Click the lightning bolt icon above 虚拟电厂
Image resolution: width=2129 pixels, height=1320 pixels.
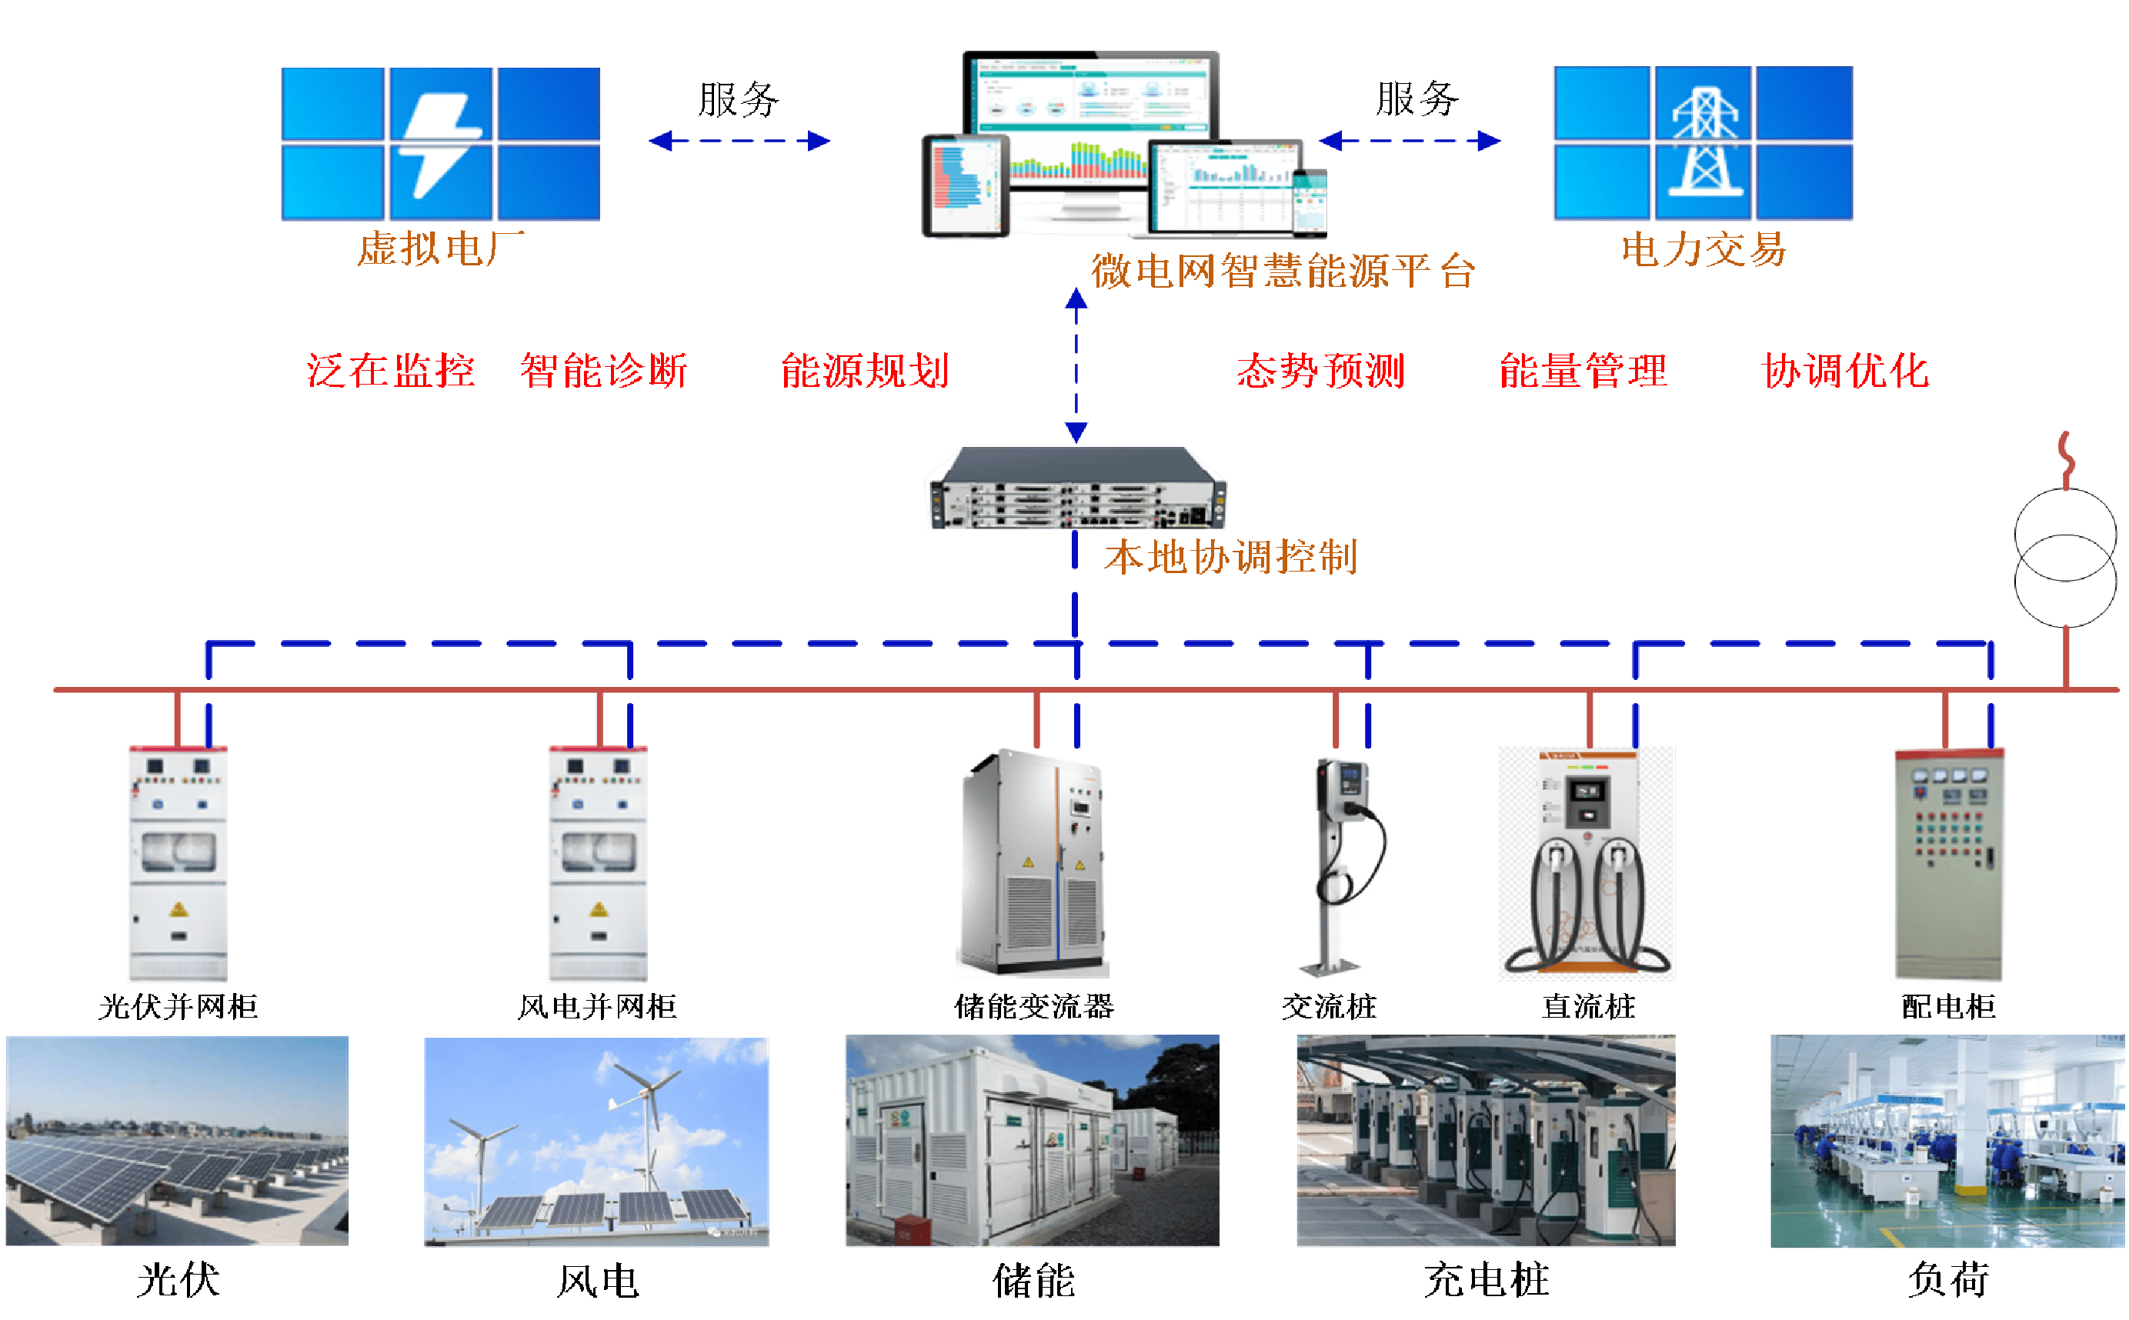(440, 144)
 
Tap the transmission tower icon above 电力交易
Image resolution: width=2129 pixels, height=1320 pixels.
(1704, 142)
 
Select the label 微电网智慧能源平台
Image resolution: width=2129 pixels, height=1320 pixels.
(1283, 272)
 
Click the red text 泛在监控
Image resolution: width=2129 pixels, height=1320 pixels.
(390, 371)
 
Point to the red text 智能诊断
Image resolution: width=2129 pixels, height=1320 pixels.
(604, 371)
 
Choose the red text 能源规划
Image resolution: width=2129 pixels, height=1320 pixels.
(865, 371)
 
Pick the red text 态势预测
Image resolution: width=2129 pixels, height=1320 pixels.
(1321, 371)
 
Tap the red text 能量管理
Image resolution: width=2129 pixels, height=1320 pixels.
(1583, 371)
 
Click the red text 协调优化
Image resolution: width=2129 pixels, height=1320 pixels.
(1846, 371)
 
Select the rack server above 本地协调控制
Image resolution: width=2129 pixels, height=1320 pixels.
(1075, 489)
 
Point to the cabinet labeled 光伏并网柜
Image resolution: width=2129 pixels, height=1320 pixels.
(177, 865)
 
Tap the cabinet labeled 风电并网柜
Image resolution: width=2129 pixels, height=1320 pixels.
(596, 865)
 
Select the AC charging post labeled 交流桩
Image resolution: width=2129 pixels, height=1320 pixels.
(1347, 867)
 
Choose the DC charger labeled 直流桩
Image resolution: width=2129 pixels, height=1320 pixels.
(1587, 863)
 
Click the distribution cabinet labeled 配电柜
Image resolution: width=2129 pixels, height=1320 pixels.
(1947, 865)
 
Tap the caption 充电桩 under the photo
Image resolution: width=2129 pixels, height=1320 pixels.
(1487, 1281)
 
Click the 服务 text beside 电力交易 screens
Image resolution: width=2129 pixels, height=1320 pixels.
(1417, 98)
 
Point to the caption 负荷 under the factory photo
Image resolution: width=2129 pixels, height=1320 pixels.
(1948, 1280)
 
